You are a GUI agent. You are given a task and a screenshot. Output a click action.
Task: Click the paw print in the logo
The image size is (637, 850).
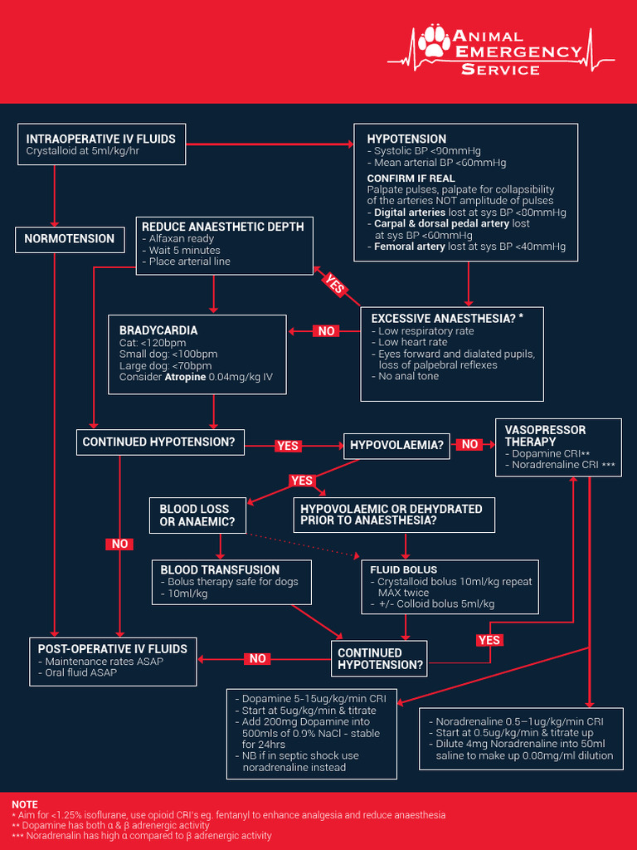click(x=434, y=42)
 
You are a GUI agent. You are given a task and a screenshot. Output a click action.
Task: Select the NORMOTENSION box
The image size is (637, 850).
click(x=70, y=239)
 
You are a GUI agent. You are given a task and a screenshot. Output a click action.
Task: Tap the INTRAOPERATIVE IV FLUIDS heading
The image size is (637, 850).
click(x=100, y=139)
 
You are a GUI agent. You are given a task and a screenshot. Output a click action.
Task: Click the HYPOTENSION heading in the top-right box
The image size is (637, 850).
click(x=406, y=139)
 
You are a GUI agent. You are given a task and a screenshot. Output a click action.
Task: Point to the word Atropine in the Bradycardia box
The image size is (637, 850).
click(x=186, y=378)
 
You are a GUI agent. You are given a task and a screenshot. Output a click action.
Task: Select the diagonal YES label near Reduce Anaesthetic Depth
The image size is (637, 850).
click(x=334, y=284)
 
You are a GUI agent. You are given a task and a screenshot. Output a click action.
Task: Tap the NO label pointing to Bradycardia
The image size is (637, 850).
click(x=327, y=331)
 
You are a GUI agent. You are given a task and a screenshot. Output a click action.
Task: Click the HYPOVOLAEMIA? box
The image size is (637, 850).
click(x=396, y=445)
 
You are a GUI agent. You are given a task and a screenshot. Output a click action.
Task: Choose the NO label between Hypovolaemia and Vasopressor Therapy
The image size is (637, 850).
click(x=469, y=445)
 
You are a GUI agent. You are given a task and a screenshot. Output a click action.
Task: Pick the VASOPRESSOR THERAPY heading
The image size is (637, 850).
click(x=545, y=436)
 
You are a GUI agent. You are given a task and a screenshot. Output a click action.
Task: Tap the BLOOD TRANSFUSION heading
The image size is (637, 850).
click(x=220, y=570)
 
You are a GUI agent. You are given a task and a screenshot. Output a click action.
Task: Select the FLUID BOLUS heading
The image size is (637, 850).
click(x=403, y=570)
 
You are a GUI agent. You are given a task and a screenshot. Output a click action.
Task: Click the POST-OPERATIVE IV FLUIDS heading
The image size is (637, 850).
click(x=113, y=649)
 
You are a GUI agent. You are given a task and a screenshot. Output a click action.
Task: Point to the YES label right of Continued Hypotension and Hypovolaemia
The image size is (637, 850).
click(x=287, y=446)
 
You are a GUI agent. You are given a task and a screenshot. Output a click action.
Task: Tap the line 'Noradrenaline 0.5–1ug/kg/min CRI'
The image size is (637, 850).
click(x=519, y=721)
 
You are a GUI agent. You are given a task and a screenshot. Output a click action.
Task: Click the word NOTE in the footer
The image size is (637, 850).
click(x=25, y=804)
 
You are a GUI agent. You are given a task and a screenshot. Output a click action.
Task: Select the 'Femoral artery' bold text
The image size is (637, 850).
click(x=410, y=247)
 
